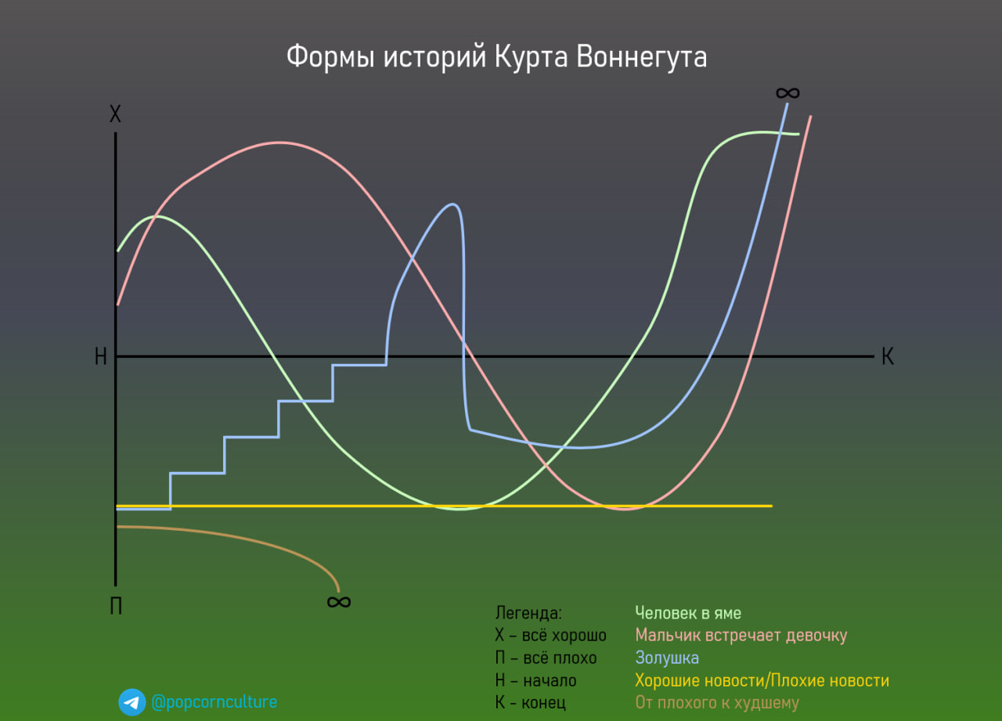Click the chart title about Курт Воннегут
[x=496, y=57]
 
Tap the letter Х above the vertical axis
[x=115, y=115]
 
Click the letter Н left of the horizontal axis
[x=100, y=357]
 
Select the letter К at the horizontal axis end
[x=887, y=357]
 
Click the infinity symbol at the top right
[x=788, y=93]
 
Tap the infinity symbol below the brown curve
[x=338, y=601]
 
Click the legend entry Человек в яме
[x=687, y=613]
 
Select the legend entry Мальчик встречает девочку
[x=741, y=635]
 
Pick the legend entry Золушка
[x=667, y=658]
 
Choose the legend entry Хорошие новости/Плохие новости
[x=762, y=680]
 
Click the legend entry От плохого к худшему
[x=716, y=703]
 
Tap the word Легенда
[x=528, y=613]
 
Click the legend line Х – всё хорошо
[x=550, y=635]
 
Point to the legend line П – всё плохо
[x=546, y=658]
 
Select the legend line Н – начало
[x=535, y=680]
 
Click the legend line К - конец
[x=530, y=703]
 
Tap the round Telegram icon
[x=132, y=702]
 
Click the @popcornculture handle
[x=214, y=702]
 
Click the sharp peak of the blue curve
[x=453, y=204]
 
